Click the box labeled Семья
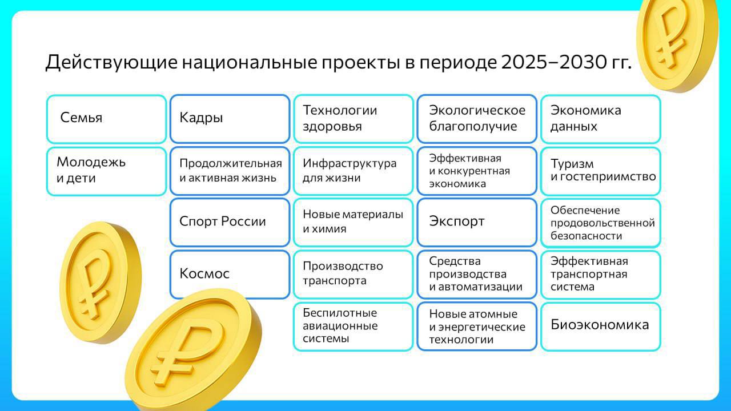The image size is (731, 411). (106, 119)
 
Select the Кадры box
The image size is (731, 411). (230, 119)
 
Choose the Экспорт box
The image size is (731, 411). (477, 222)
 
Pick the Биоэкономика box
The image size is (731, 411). (600, 327)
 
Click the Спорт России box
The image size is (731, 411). (230, 222)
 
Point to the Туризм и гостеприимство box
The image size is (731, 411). (600, 171)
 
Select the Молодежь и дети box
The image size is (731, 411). (106, 171)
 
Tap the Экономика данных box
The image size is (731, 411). (600, 119)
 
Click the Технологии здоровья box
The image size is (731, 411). (353, 119)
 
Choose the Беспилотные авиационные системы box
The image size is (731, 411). (353, 327)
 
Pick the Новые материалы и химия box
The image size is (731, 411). (353, 222)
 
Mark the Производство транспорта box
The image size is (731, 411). (353, 275)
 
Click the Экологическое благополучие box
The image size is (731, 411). (477, 119)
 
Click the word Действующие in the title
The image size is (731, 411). (111, 62)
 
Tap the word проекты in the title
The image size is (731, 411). (361, 63)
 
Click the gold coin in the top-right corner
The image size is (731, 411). (677, 44)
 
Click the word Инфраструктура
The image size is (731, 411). (350, 163)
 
